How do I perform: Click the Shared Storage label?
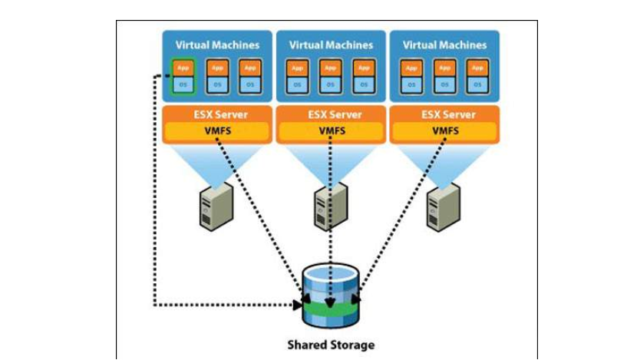[x=331, y=345]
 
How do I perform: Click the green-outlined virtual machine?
[x=183, y=76]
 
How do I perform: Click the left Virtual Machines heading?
[x=217, y=45]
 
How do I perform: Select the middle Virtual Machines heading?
[x=331, y=45]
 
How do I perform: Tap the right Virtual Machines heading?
[x=444, y=45]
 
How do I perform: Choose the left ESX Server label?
[x=217, y=114]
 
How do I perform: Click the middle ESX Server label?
[x=331, y=114]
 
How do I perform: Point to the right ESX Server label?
[x=444, y=114]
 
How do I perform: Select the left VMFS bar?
[x=217, y=131]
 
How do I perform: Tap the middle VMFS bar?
[x=331, y=131]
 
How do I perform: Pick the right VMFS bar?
[x=444, y=131]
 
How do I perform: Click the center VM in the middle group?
[x=331, y=76]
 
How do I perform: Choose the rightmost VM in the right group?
[x=477, y=76]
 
